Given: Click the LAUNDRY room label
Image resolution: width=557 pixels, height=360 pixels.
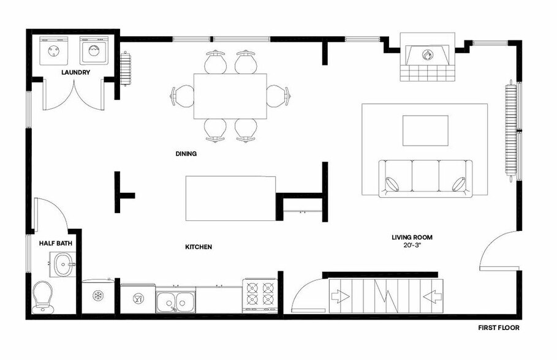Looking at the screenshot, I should tap(76, 72).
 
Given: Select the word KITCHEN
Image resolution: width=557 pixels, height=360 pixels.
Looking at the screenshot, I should tap(199, 247).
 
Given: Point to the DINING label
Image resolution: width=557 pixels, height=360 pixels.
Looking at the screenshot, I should tap(186, 154).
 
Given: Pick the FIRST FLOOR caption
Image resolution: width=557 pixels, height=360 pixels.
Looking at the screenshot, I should tap(498, 328).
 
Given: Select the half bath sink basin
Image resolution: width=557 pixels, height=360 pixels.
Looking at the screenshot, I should tap(63, 266).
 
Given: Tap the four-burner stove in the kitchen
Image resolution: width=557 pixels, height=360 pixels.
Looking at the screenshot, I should tap(260, 293).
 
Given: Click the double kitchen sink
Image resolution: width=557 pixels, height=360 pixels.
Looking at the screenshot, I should tap(175, 301).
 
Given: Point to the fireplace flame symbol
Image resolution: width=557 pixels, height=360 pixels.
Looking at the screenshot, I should tap(426, 54).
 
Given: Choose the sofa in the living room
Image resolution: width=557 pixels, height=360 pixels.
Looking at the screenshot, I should tap(426, 179).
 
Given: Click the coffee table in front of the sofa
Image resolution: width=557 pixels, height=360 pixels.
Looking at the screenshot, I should tap(425, 130).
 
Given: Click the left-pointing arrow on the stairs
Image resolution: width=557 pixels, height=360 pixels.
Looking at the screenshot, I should tap(432, 297).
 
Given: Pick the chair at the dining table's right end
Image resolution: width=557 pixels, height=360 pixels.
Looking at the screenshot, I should tap(279, 96).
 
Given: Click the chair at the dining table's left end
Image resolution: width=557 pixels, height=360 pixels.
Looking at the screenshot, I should tap(183, 96).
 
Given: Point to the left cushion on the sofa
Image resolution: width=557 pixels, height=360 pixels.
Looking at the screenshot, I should tap(392, 184).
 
